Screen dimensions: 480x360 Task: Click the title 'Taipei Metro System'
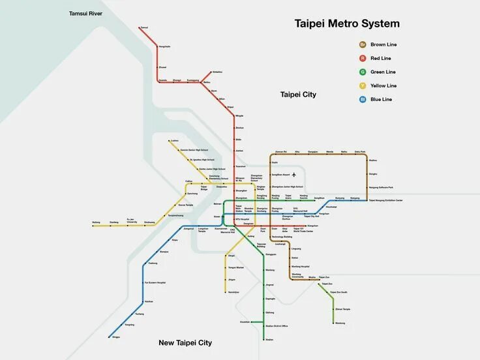347,24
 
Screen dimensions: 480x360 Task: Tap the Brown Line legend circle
362,45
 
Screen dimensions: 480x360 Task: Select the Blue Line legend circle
362,99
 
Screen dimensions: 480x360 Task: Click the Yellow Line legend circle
362,85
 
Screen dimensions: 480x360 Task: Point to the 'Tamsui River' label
86,13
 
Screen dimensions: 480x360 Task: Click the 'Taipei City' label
298,95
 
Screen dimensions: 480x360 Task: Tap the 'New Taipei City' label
185,342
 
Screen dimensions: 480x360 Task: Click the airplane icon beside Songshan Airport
294,174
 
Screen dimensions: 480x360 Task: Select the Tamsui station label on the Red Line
144,27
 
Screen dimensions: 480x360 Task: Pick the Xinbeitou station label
217,72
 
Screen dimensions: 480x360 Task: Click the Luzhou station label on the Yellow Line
174,140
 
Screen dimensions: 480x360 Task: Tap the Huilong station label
97,222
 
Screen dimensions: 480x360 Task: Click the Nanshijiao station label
233,292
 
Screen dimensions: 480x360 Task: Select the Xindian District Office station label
277,326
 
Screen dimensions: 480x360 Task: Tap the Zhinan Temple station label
342,309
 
